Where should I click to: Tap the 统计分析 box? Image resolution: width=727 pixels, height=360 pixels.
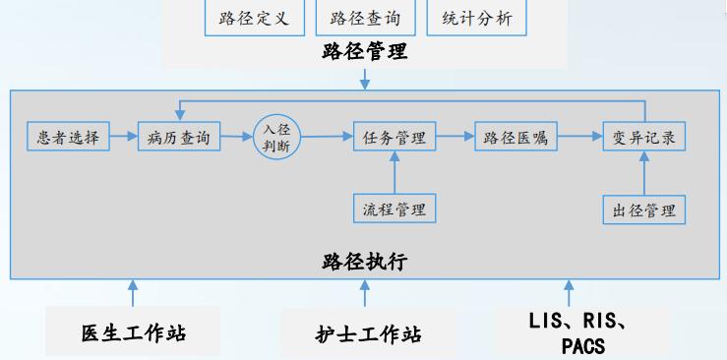tap(476, 19)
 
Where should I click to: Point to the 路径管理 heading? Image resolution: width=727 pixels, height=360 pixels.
tap(363, 53)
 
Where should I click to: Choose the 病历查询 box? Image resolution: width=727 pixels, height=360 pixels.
tap(178, 138)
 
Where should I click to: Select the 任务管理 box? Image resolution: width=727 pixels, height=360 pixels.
tap(394, 138)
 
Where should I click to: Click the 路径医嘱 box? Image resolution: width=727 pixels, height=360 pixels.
tap(515, 138)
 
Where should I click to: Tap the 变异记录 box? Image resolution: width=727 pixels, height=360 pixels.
tap(643, 138)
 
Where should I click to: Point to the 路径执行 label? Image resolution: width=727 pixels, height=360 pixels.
tap(363, 263)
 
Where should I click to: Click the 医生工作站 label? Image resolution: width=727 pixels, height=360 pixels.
tap(134, 332)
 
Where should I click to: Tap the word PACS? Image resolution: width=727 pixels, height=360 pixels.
tap(583, 345)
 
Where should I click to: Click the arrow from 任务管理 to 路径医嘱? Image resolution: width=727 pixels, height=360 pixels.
tap(454, 138)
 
